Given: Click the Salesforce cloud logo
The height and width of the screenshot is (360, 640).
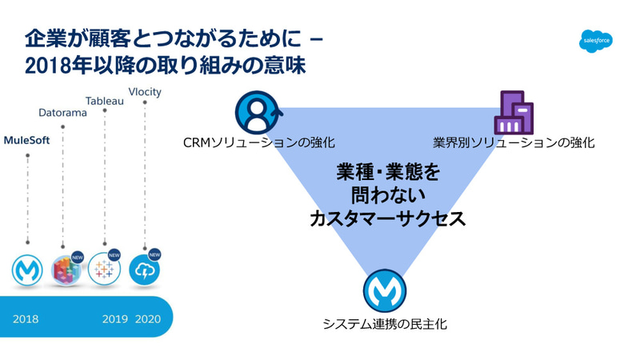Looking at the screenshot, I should (x=595, y=39).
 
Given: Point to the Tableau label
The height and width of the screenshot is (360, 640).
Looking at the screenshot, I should (x=106, y=100).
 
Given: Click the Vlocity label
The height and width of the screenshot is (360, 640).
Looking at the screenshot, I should (x=145, y=91).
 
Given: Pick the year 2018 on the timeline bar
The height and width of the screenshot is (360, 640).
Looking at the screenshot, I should (x=26, y=318).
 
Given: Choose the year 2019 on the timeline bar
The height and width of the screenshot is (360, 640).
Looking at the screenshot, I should (x=115, y=318).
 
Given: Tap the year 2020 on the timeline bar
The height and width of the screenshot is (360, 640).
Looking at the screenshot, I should (x=147, y=318).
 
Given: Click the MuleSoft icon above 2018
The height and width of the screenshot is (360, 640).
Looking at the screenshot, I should (x=27, y=270).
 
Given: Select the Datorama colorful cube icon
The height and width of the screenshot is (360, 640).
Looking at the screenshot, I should (x=66, y=270).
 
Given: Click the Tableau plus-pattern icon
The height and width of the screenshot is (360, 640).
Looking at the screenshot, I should (x=104, y=270).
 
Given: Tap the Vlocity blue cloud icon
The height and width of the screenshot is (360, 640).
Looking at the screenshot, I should (x=144, y=270).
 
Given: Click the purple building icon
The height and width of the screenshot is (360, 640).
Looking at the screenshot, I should (x=514, y=113).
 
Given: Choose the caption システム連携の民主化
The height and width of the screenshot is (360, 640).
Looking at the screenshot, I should (x=386, y=324).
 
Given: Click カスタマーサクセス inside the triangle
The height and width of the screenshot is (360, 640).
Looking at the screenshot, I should (x=387, y=218).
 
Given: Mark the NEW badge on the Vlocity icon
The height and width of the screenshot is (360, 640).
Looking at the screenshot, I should (x=154, y=255).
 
